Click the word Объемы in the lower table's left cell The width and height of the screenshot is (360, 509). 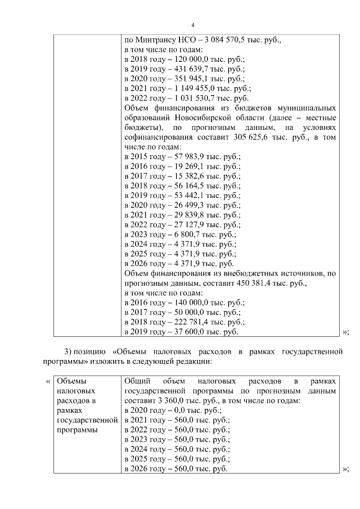(x=71, y=381)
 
